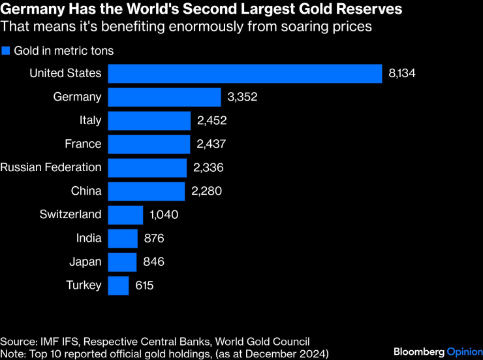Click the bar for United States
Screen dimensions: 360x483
coord(245,74)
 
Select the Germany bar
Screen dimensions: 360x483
coord(164,97)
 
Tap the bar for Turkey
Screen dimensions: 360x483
coord(118,286)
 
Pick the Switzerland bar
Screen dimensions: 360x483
coord(125,215)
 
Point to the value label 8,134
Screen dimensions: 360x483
coord(401,74)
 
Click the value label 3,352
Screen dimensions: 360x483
coord(243,97)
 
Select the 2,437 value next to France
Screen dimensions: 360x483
coord(210,144)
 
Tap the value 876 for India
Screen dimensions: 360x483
coord(154,238)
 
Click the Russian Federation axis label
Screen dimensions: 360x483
coord(51,168)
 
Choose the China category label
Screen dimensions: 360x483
coord(86,191)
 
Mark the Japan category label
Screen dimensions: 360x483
coord(85,262)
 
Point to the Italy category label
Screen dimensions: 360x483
coord(90,121)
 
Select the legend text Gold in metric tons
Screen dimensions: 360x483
coord(64,51)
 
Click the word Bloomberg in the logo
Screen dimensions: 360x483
coord(418,352)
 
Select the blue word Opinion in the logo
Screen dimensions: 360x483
coord(463,352)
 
